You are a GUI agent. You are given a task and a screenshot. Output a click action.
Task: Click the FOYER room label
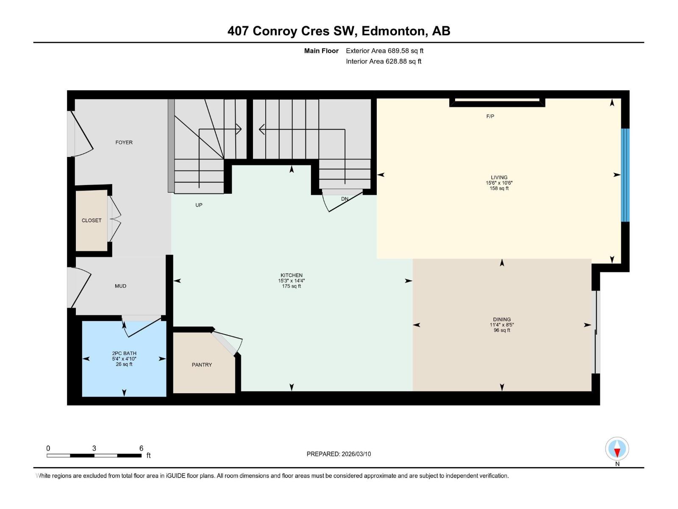pos(124,143)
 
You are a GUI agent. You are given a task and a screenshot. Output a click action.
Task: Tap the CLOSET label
pos(92,221)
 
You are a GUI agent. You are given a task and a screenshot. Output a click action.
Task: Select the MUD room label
pos(120,286)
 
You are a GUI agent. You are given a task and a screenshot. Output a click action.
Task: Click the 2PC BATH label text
pos(124,353)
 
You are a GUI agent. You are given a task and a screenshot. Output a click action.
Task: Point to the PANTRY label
pos(202,365)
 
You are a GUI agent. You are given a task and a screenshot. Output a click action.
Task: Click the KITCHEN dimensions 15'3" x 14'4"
pos(292,281)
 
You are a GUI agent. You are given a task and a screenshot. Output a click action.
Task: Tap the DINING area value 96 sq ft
pos(502,330)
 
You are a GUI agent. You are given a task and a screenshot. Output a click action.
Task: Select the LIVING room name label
pos(499,178)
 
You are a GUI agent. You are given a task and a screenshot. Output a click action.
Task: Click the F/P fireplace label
pos(490,116)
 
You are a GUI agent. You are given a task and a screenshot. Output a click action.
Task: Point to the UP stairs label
pos(199,205)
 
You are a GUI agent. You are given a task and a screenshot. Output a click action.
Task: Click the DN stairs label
pos(345,199)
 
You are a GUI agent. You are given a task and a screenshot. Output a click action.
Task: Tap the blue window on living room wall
pos(625,175)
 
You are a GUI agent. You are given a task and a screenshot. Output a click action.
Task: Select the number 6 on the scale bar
pos(141,448)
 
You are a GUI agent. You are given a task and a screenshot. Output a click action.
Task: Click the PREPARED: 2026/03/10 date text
pos(339,454)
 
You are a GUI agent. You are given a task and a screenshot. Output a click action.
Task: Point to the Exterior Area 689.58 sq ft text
pos(384,51)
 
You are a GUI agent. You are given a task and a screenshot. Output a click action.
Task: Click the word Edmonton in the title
pos(394,31)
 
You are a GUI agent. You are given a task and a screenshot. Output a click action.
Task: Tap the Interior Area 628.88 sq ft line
pos(383,62)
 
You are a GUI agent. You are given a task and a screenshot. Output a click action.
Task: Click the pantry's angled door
pos(225,343)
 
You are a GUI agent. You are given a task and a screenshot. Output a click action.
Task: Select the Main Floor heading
pos(321,51)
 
